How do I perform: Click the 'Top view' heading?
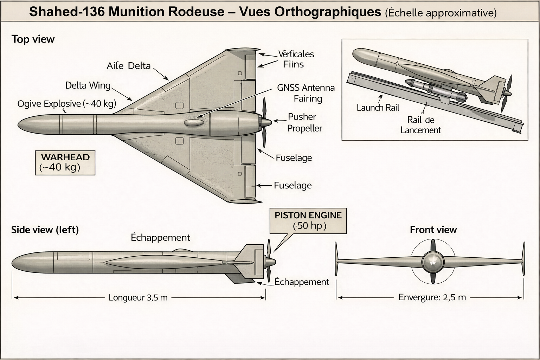point(33,39)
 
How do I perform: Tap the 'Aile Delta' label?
point(129,66)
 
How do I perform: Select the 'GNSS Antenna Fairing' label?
point(306,93)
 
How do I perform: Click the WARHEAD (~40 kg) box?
point(65,162)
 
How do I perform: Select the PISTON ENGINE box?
point(308,220)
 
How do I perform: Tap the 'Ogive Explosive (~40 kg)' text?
point(67,104)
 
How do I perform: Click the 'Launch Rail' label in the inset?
point(378,108)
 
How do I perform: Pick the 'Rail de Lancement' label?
point(420,125)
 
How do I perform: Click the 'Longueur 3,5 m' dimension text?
point(138,298)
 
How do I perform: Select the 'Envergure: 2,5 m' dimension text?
point(432,297)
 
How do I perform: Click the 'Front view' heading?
point(433,230)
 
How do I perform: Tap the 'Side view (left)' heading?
point(45,230)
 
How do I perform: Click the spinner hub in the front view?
point(433,262)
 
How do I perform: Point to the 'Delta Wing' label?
point(88,85)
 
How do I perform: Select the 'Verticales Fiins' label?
point(295,59)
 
